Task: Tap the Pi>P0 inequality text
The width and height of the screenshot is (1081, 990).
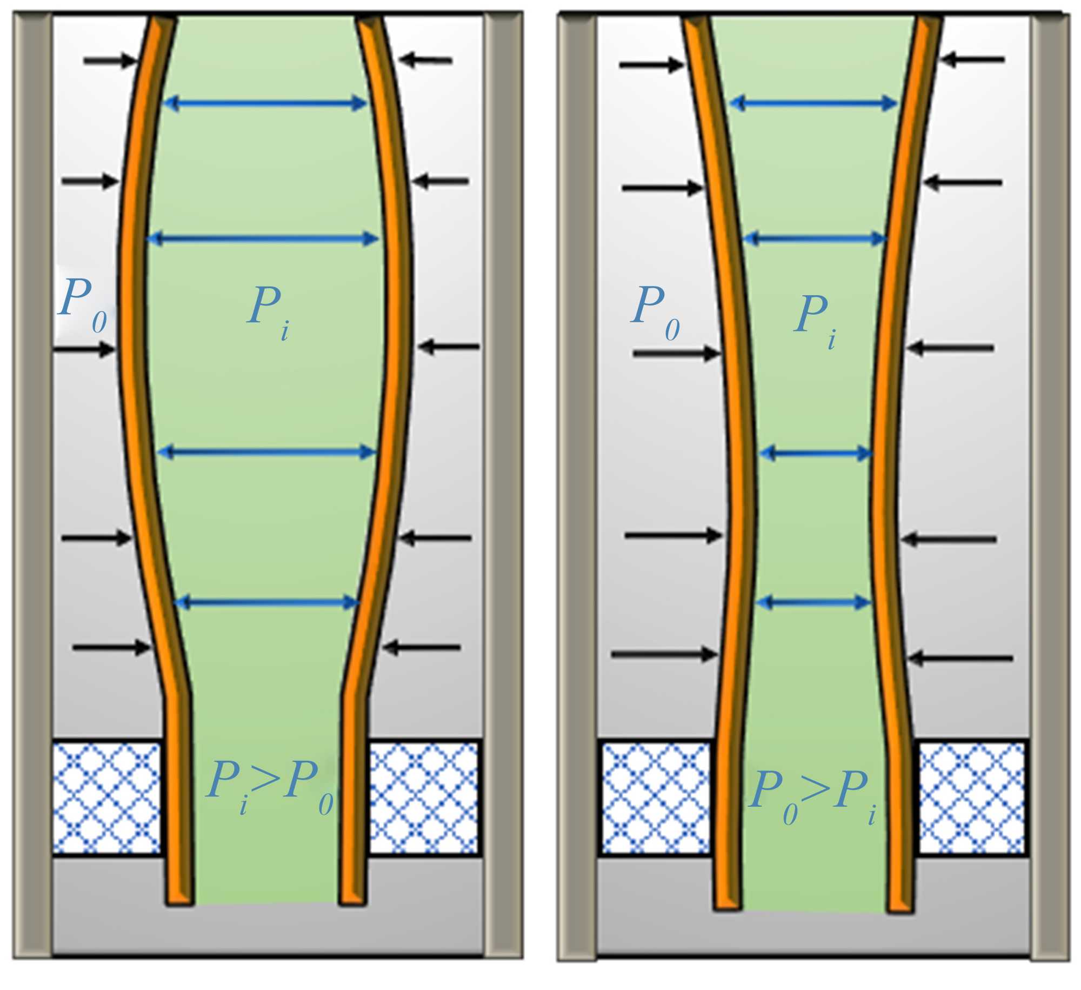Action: pos(269,785)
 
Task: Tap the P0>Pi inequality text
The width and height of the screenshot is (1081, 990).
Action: pos(812,795)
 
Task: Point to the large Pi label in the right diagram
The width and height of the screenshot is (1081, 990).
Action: pos(816,321)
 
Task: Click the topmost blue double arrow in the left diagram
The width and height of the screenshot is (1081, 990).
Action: pos(265,103)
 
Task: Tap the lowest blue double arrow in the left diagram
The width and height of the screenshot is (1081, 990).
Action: pos(266,602)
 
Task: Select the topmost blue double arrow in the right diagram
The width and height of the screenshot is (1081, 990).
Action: pos(813,103)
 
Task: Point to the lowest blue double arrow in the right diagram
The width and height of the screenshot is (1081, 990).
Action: pos(813,602)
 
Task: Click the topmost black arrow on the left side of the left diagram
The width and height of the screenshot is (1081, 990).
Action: pos(110,61)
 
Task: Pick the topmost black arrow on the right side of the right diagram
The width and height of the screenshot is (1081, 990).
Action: pos(972,59)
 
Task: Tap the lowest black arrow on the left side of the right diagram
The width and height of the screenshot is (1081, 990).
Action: pos(664,654)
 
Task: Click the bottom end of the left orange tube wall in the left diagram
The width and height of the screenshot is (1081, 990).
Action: pos(179,898)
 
